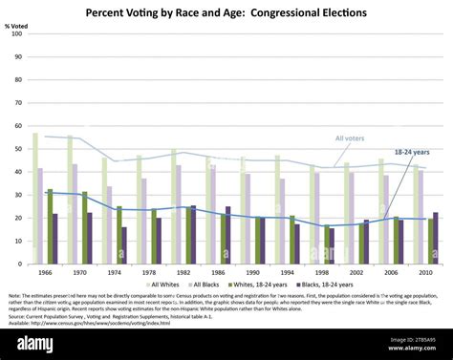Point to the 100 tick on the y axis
[x=16, y=33]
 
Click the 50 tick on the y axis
[x=18, y=149]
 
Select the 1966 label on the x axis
[x=45, y=272]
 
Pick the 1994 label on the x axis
[x=288, y=272]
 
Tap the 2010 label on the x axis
[x=426, y=272]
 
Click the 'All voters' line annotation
[x=350, y=139]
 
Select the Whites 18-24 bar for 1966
[x=50, y=226]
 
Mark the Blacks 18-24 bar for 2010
[x=435, y=238]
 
